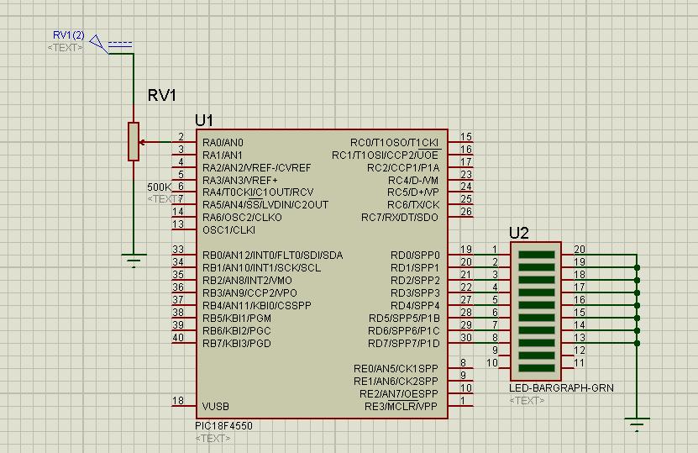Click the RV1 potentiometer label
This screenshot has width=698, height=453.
[x=162, y=96]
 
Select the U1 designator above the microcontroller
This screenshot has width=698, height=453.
[x=204, y=120]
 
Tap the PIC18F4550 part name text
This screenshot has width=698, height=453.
[x=223, y=426]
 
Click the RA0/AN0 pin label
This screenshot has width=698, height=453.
[x=223, y=142]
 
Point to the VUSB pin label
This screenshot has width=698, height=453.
[x=216, y=406]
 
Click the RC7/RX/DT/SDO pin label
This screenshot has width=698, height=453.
[x=399, y=218]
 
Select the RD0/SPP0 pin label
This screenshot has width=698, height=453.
[x=415, y=255]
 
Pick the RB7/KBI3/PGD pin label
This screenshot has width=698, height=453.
[x=236, y=343]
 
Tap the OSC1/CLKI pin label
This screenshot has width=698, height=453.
[x=228, y=229]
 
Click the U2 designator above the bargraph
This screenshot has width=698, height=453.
[x=519, y=233]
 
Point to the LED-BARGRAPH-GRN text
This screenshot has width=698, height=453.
[x=561, y=387]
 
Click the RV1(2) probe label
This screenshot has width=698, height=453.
[x=68, y=35]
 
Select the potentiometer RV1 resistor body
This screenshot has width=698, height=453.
[x=133, y=141]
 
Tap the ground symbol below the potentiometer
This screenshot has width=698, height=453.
[x=133, y=259]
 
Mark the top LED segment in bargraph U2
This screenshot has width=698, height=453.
[x=536, y=254]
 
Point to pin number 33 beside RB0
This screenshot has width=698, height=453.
[x=178, y=250]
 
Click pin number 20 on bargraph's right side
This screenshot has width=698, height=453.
[x=579, y=249]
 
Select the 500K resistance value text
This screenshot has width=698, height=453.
[x=159, y=187]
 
